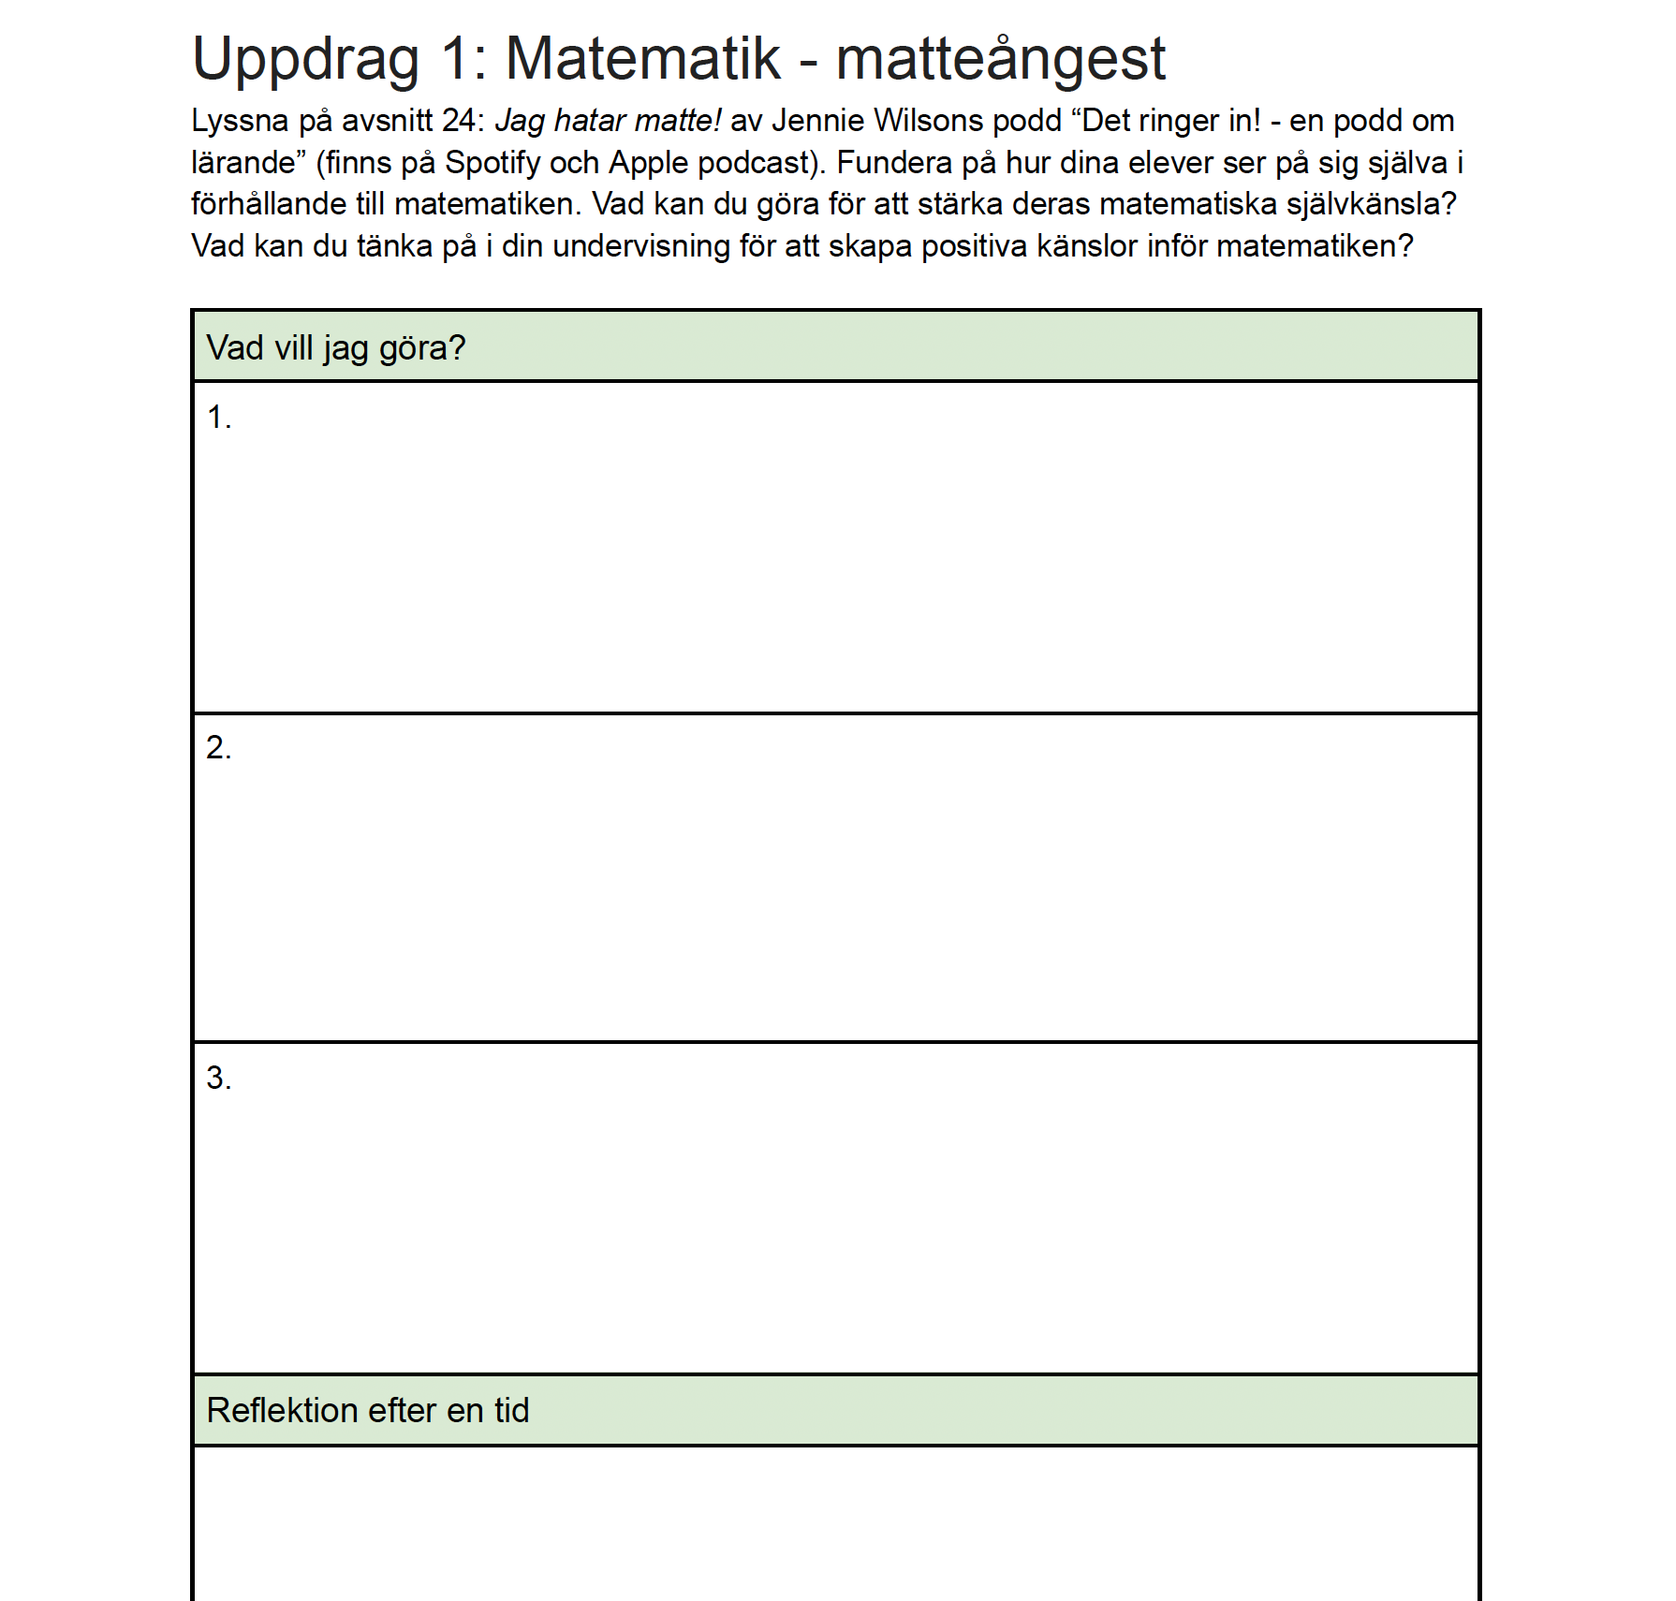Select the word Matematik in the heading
pos(642,58)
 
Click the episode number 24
pos(459,121)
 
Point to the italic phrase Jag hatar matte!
pos(608,121)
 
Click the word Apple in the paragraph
pos(648,163)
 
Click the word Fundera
pos(894,163)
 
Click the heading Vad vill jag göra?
pos(336,348)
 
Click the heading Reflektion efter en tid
pos(368,1411)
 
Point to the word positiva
pos(974,246)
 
